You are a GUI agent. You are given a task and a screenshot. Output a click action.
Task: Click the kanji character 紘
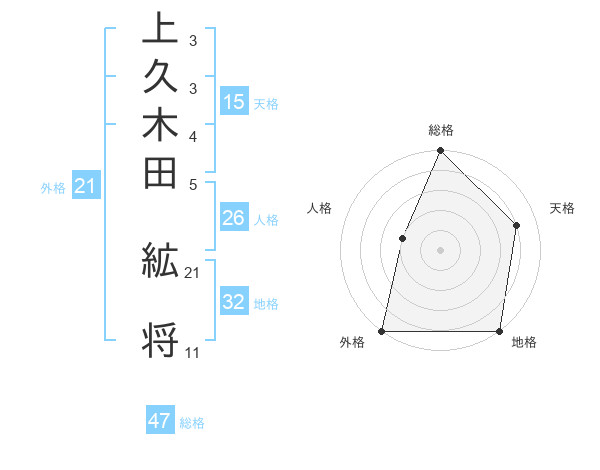(160, 262)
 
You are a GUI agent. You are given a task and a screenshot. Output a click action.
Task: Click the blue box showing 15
(234, 101)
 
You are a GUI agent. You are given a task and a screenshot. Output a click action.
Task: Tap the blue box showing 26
(234, 218)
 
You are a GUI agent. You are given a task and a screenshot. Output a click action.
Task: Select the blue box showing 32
(234, 302)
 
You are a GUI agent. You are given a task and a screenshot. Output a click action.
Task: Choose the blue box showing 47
(160, 421)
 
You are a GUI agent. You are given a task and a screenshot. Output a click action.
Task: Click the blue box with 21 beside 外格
(86, 185)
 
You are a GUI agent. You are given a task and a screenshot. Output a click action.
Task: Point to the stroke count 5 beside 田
(193, 183)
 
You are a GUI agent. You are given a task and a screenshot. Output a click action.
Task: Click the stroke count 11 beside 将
(192, 353)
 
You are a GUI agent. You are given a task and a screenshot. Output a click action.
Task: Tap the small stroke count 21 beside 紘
(192, 272)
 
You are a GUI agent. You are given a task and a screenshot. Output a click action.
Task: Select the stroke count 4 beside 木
(193, 135)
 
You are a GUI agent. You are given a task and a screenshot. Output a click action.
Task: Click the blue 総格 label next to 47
(192, 423)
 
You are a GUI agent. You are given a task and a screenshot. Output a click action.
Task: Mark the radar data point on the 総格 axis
(440, 152)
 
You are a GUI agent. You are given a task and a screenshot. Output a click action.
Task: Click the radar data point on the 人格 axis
(402, 238)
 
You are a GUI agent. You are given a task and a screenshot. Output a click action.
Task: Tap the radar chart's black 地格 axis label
(524, 343)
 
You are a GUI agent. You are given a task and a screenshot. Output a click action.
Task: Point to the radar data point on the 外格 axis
(382, 331)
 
